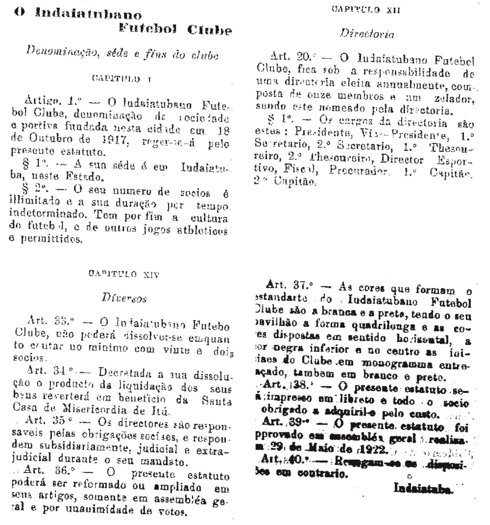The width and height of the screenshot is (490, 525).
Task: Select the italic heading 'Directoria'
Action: [x=367, y=34]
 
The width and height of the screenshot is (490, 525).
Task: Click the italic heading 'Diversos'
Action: [x=124, y=298]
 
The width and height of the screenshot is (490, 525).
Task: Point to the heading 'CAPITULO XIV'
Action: [x=124, y=274]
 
